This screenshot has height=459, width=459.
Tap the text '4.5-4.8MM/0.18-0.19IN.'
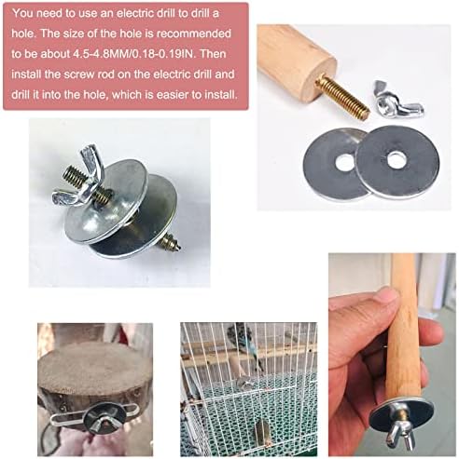click(x=134, y=54)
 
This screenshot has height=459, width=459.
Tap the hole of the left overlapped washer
click(x=343, y=161)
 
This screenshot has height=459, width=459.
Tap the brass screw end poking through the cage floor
click(x=261, y=433)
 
